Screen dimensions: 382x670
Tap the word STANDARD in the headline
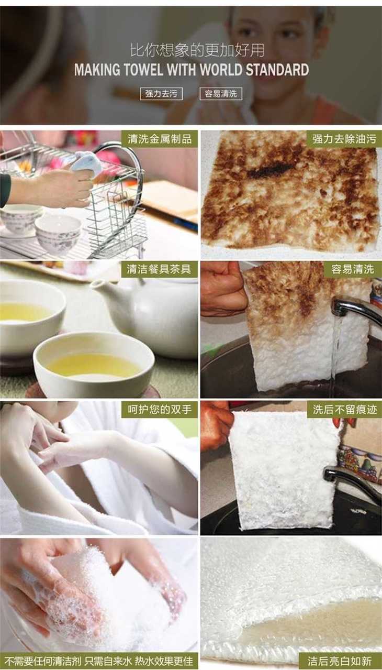[x=277, y=70]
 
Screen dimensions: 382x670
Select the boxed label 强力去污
[x=161, y=94]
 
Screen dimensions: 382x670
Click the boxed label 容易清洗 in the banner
[x=221, y=94]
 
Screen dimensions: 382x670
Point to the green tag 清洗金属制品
[x=160, y=139]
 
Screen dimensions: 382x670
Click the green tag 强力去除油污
[x=344, y=139]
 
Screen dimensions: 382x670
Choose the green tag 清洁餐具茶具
[x=160, y=269]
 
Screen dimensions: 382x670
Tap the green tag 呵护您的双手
[x=160, y=410]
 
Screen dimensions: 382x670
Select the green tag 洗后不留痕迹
[x=344, y=410]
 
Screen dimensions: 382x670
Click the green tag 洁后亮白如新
[x=341, y=661]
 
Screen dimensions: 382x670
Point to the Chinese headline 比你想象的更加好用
[x=197, y=50]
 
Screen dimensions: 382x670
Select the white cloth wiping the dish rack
[x=84, y=162]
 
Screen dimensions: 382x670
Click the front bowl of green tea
[x=93, y=364]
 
